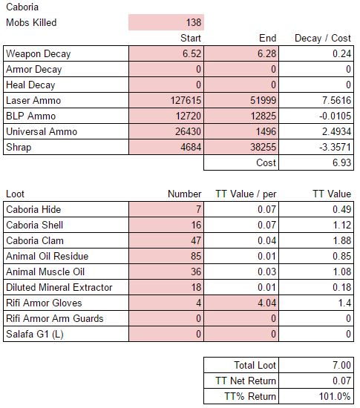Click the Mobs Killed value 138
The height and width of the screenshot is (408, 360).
194,22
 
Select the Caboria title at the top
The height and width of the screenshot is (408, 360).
22,7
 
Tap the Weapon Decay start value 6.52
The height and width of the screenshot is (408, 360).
192,53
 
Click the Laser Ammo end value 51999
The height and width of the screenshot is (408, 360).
263,100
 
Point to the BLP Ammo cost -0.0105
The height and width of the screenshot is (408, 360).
335,116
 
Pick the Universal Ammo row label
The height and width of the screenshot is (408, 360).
42,131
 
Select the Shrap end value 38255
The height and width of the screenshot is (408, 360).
263,148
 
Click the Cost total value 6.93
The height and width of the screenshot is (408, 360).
341,163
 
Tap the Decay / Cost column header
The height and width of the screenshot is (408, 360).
323,39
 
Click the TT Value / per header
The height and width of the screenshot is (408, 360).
246,194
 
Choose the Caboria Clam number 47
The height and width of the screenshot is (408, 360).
196,240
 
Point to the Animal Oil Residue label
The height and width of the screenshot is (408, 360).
47,257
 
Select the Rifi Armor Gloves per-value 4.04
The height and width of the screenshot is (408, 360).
266,303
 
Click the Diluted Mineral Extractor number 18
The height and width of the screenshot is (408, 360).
196,288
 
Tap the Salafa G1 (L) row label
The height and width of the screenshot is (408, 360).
35,334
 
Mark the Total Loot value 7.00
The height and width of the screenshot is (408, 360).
341,365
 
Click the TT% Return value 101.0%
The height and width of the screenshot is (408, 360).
335,396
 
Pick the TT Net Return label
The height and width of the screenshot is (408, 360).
246,381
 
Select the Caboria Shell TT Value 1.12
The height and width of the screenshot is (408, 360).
342,225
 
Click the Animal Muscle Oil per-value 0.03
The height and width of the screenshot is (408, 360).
266,272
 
